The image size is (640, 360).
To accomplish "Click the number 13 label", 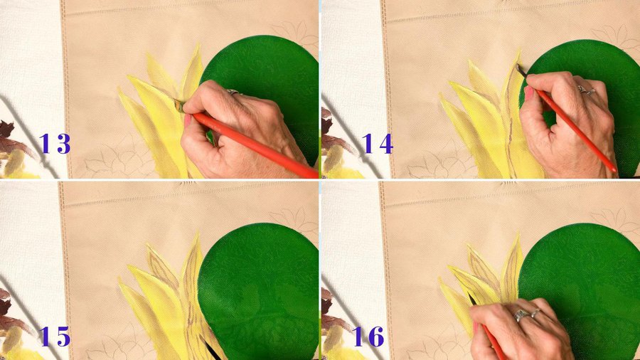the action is (x=54, y=144).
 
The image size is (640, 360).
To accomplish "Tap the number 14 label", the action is (x=377, y=144).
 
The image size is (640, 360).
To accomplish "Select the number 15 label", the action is (x=54, y=337).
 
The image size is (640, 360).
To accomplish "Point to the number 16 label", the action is (x=368, y=337).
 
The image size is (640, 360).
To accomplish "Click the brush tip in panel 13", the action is (x=178, y=105).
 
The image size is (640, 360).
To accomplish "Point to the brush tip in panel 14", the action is (x=520, y=70).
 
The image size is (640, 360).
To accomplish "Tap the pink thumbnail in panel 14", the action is (x=529, y=93).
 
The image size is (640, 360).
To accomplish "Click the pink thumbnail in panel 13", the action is (x=188, y=120).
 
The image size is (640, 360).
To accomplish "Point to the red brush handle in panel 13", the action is (x=255, y=146).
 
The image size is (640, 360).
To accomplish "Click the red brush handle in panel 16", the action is (x=493, y=342).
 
